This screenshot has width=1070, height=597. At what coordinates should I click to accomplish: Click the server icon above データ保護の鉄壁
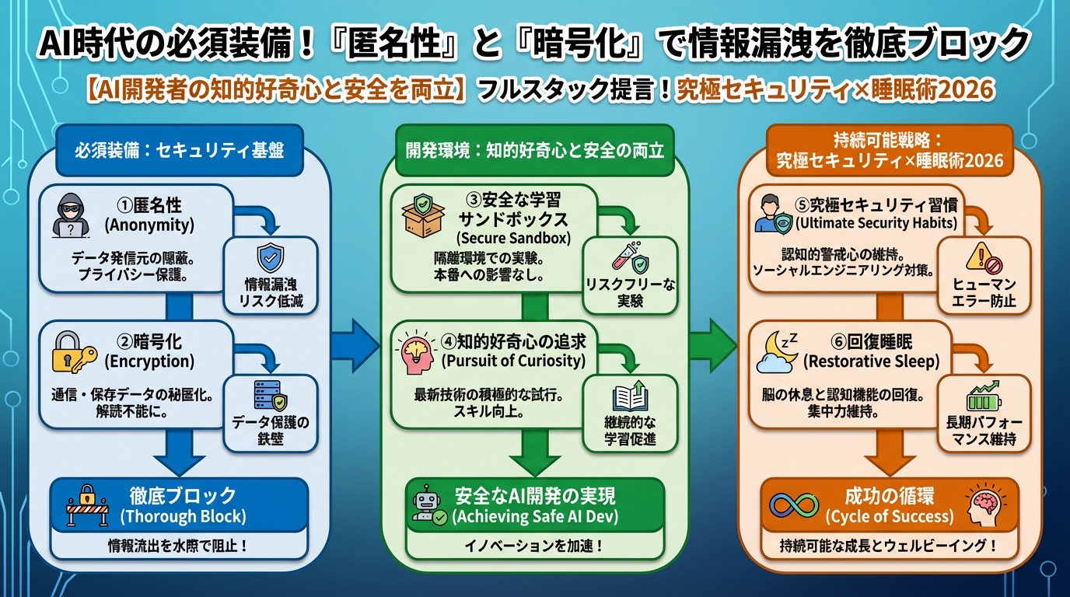point(271,396)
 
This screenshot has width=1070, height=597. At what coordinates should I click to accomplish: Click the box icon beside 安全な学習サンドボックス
point(424,216)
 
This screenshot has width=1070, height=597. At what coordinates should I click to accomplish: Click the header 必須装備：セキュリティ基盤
point(179,150)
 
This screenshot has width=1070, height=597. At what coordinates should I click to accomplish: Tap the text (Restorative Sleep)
point(871,361)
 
